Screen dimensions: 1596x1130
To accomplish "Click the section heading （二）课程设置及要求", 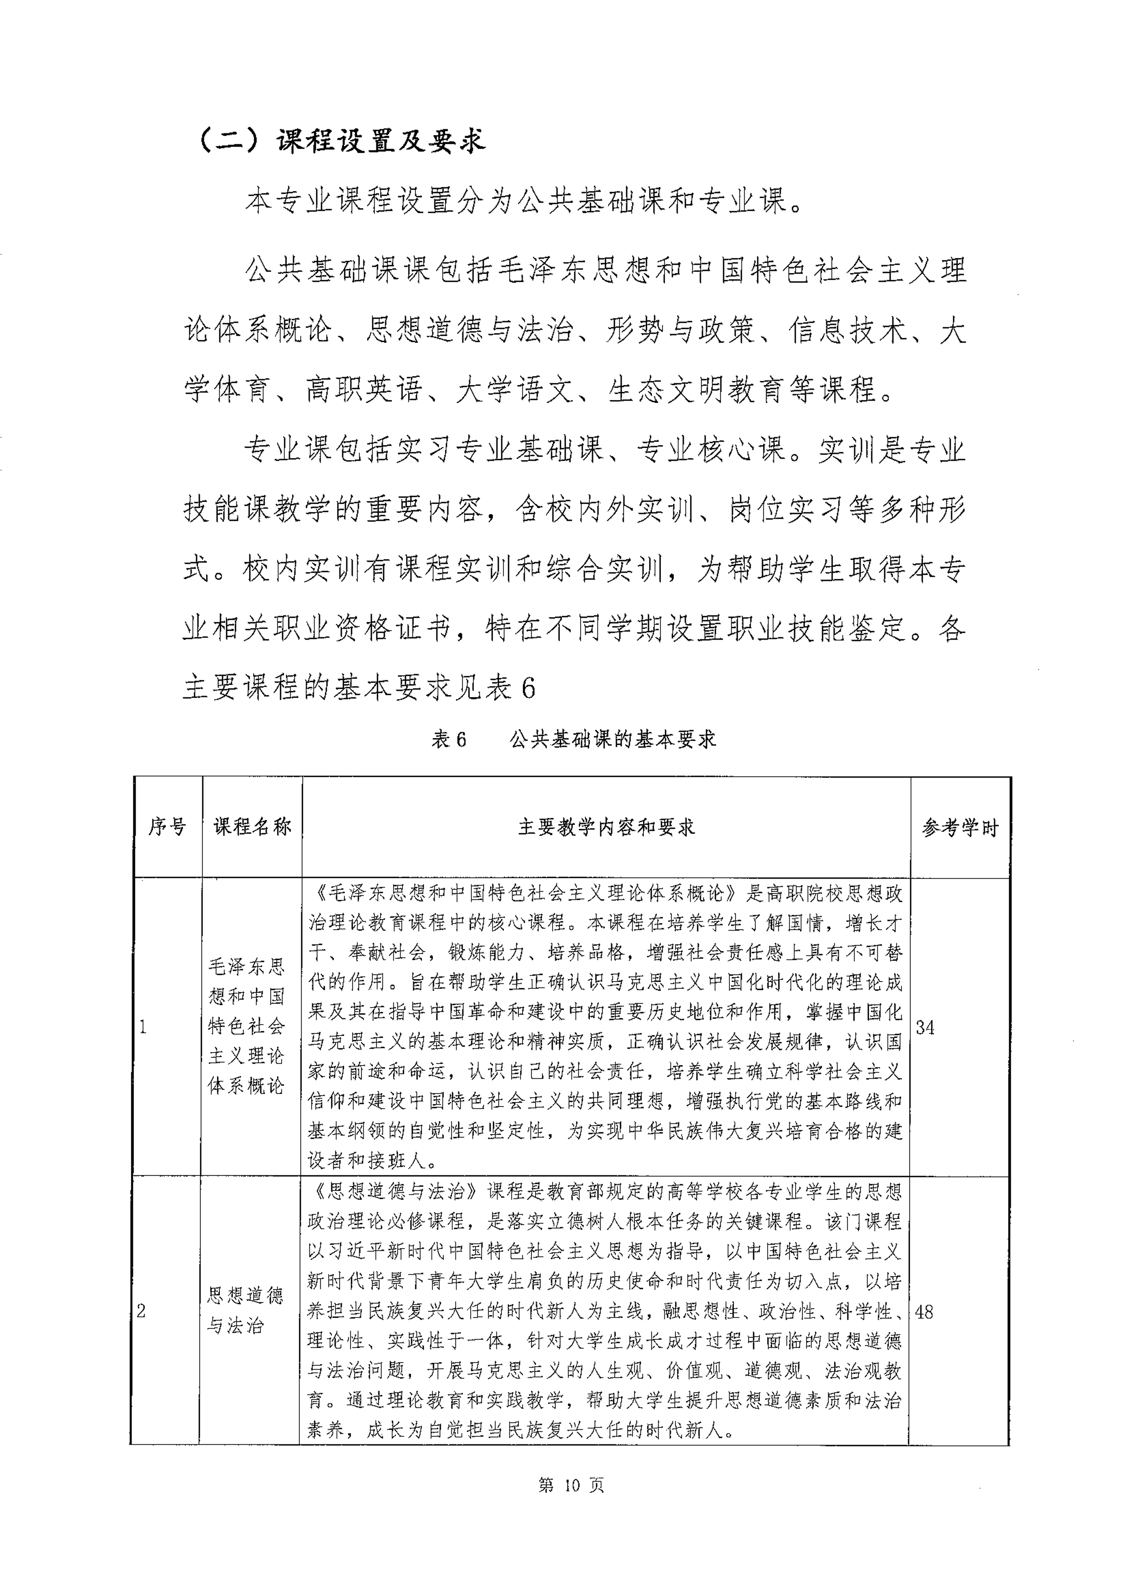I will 341,141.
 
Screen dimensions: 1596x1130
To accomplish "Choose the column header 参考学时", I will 960,828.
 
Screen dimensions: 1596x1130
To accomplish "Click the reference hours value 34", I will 925,1027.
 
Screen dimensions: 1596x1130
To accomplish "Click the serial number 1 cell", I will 143,1027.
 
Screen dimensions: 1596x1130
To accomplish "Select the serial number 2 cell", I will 142,1312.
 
